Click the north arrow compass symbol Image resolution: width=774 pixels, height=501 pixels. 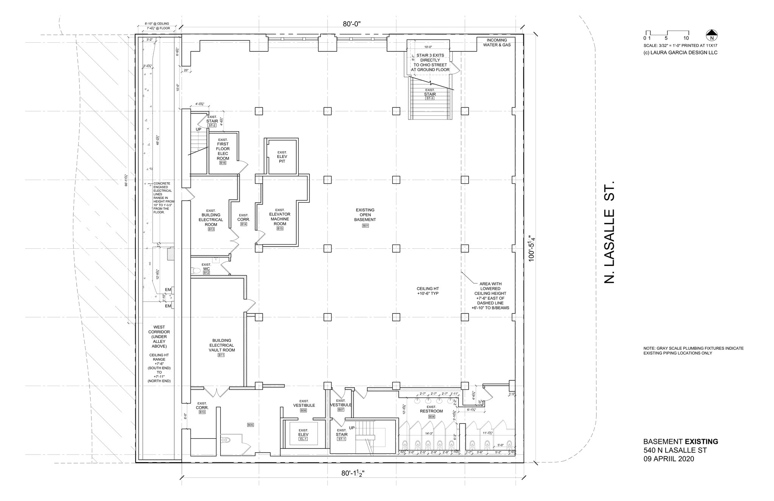point(712,35)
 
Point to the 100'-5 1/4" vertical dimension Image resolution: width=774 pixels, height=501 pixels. point(532,248)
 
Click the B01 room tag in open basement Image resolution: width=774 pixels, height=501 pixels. point(365,226)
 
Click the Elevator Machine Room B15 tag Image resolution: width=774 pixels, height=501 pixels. point(280,228)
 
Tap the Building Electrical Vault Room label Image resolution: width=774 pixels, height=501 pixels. point(221,345)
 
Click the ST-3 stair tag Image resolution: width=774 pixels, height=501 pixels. point(430,98)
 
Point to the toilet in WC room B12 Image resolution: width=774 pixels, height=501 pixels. point(196,270)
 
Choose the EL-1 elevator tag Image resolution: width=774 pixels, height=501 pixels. point(303,439)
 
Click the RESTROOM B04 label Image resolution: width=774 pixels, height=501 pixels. point(431,411)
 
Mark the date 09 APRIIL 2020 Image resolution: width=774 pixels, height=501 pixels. point(669,459)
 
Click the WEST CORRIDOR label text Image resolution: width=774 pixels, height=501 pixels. point(159,337)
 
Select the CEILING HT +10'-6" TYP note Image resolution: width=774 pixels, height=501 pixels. point(427,291)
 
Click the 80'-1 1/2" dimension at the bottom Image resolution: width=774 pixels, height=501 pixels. point(353,473)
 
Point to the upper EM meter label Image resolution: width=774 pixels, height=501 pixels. point(168,290)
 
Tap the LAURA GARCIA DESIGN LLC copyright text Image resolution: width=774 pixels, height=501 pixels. point(680,53)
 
